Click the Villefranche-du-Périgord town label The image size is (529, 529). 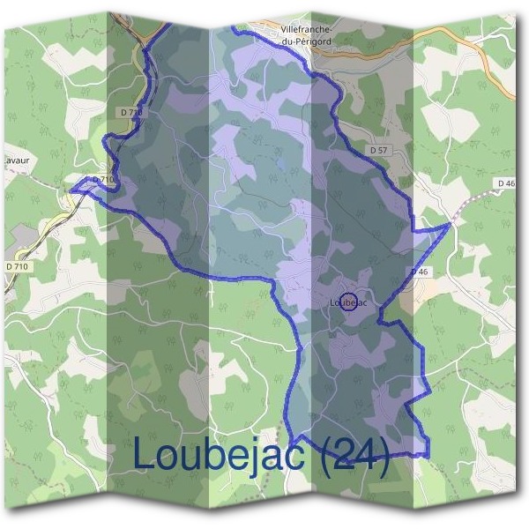tap(305, 35)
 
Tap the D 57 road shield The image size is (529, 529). tap(379, 151)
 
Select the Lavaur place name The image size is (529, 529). tap(14, 161)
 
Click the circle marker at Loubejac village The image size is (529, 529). tap(348, 302)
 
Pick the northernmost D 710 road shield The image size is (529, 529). tap(130, 113)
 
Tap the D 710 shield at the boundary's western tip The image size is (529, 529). tap(103, 180)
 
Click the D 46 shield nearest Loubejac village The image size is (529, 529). tap(420, 272)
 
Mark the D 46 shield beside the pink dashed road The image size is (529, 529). tap(505, 183)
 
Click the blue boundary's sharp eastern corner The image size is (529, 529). tap(451, 224)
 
